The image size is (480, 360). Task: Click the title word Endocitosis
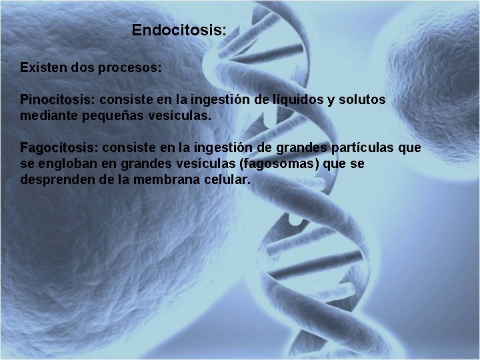pos(179,31)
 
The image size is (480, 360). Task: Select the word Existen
pos(44,68)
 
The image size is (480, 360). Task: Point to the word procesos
pos(133,69)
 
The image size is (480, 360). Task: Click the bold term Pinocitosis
pos(59,100)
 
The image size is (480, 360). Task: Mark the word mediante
pos(47,116)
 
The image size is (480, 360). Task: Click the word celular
pos(226,179)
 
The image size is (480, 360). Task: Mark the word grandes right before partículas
pos(314,147)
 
